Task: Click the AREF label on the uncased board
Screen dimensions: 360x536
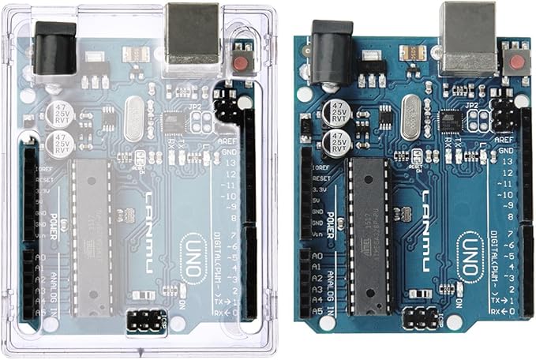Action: pyautogui.click(x=502, y=137)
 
